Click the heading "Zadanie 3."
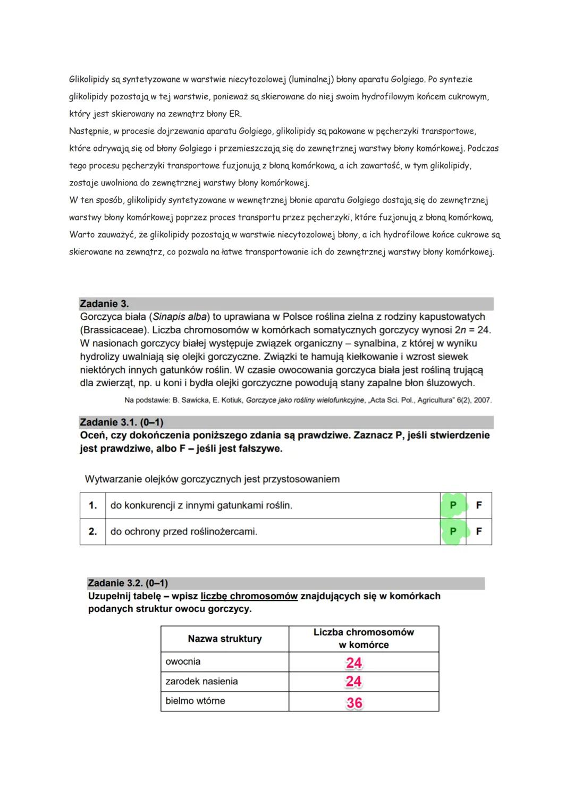104,304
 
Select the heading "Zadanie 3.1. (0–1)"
121,422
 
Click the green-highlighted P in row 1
453,505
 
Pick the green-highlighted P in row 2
453,531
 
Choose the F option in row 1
479,505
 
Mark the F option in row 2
479,531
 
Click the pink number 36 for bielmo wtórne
354,702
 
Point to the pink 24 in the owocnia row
354,662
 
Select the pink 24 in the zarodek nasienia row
354,682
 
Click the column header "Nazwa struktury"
225,639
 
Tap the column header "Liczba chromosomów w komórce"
364,639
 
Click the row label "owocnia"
183,662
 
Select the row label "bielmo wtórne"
195,701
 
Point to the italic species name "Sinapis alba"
180,317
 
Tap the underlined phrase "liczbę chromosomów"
249,596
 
